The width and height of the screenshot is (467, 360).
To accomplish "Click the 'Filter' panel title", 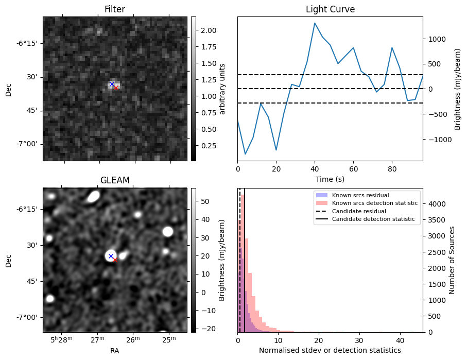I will [x=114, y=9].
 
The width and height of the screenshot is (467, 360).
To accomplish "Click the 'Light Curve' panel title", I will [x=330, y=9].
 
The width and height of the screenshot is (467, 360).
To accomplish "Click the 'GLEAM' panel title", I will [x=114, y=180].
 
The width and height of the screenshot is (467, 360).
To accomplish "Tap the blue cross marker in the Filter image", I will [x=111, y=84].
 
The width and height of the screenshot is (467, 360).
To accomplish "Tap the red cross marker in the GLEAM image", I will [x=115, y=260].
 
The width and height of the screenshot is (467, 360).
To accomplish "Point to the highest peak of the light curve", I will [x=315, y=23].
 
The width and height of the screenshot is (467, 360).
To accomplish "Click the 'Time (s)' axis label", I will [x=330, y=179].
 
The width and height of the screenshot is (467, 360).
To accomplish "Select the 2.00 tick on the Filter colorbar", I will [x=205, y=30].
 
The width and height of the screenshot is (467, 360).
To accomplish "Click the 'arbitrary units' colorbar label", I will [x=222, y=89].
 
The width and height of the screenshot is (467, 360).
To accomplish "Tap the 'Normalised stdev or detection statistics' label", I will [x=330, y=351].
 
